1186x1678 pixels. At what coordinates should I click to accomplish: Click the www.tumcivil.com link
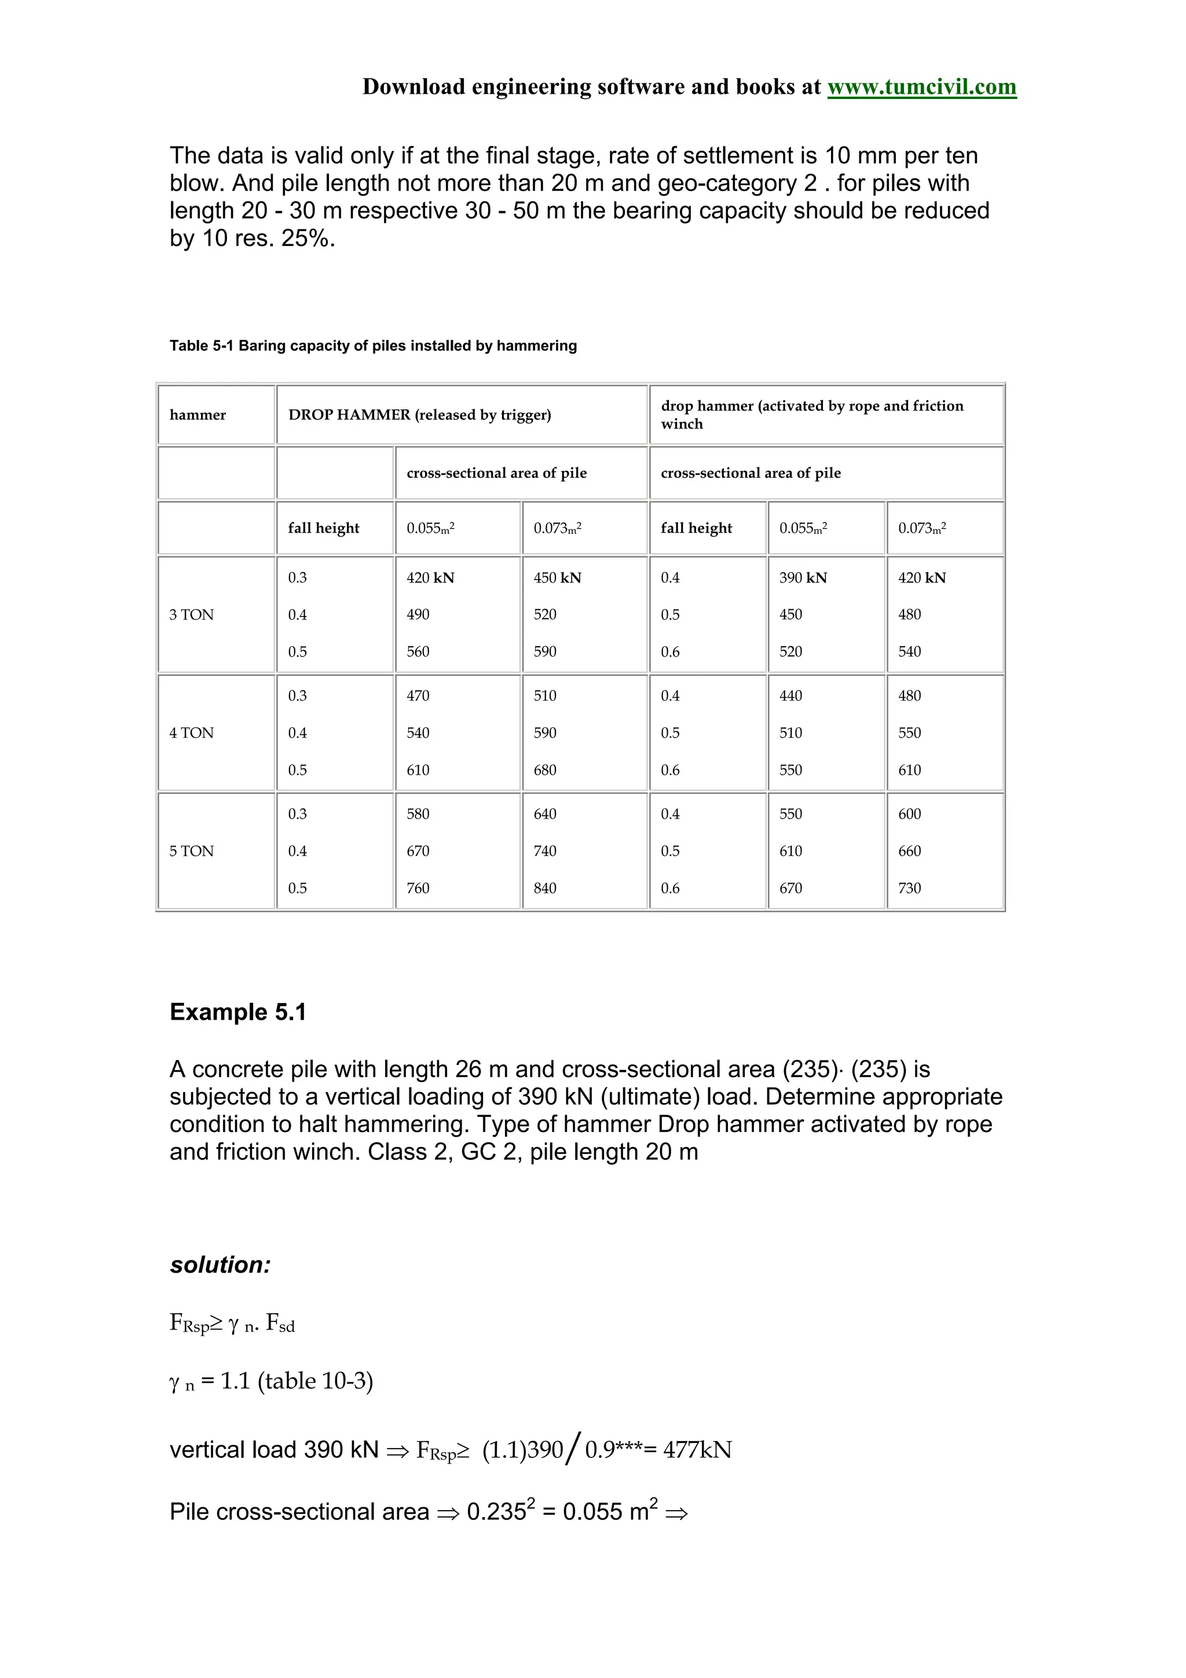pos(921,87)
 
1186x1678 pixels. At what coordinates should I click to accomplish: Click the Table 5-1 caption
pos(373,346)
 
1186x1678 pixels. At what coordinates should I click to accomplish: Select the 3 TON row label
pos(192,615)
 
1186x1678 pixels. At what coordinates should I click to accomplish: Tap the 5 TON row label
pos(192,851)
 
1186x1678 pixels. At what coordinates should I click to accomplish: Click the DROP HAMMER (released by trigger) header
pos(419,415)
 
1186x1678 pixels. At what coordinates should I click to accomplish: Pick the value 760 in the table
pos(418,888)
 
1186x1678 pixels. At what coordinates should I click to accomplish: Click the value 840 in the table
pos(545,888)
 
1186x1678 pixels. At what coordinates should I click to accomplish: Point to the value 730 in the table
pos(910,888)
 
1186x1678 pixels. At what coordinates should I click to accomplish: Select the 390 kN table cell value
pos(803,578)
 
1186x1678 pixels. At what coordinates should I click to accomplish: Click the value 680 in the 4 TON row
pos(545,770)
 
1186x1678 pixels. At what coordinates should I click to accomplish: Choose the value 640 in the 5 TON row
pos(545,814)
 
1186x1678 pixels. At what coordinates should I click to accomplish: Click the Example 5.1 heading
pos(237,1012)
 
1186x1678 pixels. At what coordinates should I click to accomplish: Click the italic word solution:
pos(220,1265)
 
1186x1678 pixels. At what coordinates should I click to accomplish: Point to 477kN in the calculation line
pos(697,1450)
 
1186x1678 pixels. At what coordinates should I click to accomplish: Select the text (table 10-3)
pos(315,1382)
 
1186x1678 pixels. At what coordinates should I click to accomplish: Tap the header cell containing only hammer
pos(197,415)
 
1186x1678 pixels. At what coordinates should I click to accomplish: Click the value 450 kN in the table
pos(557,578)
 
